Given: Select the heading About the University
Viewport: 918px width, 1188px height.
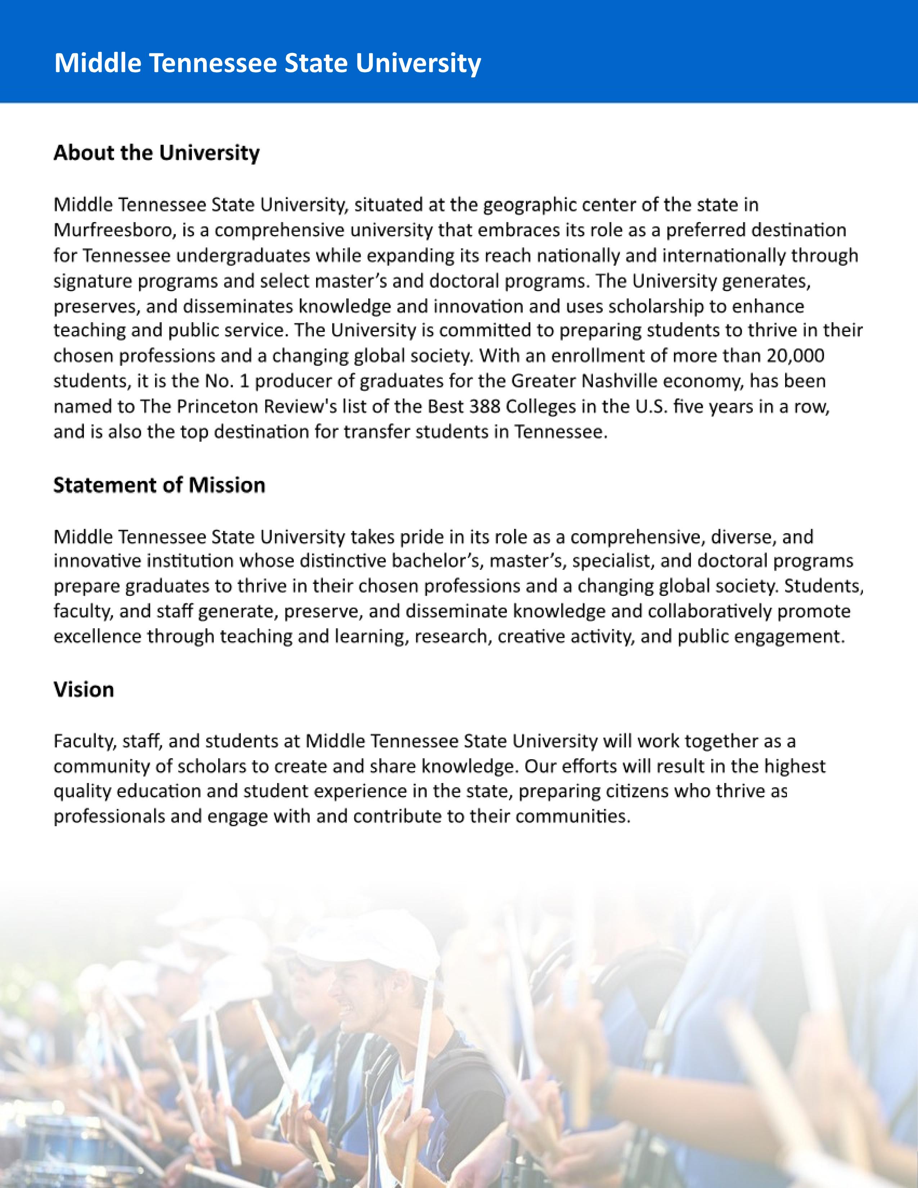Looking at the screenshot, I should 157,153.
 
